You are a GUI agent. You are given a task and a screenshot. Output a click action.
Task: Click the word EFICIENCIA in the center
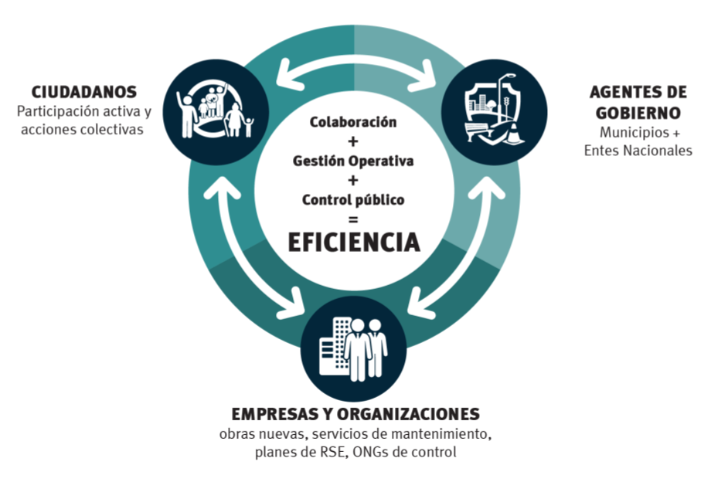click(354, 242)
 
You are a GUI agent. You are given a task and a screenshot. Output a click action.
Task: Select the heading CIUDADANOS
click(84, 92)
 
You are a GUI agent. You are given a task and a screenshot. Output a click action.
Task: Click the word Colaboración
click(353, 122)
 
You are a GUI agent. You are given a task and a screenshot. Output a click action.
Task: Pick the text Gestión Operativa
click(353, 161)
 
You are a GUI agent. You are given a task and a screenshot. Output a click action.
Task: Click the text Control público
click(353, 200)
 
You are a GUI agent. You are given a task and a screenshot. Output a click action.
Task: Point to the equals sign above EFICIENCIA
click(353, 219)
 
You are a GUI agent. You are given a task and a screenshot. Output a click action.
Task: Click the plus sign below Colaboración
click(353, 141)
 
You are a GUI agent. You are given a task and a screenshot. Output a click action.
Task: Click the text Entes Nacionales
click(638, 151)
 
